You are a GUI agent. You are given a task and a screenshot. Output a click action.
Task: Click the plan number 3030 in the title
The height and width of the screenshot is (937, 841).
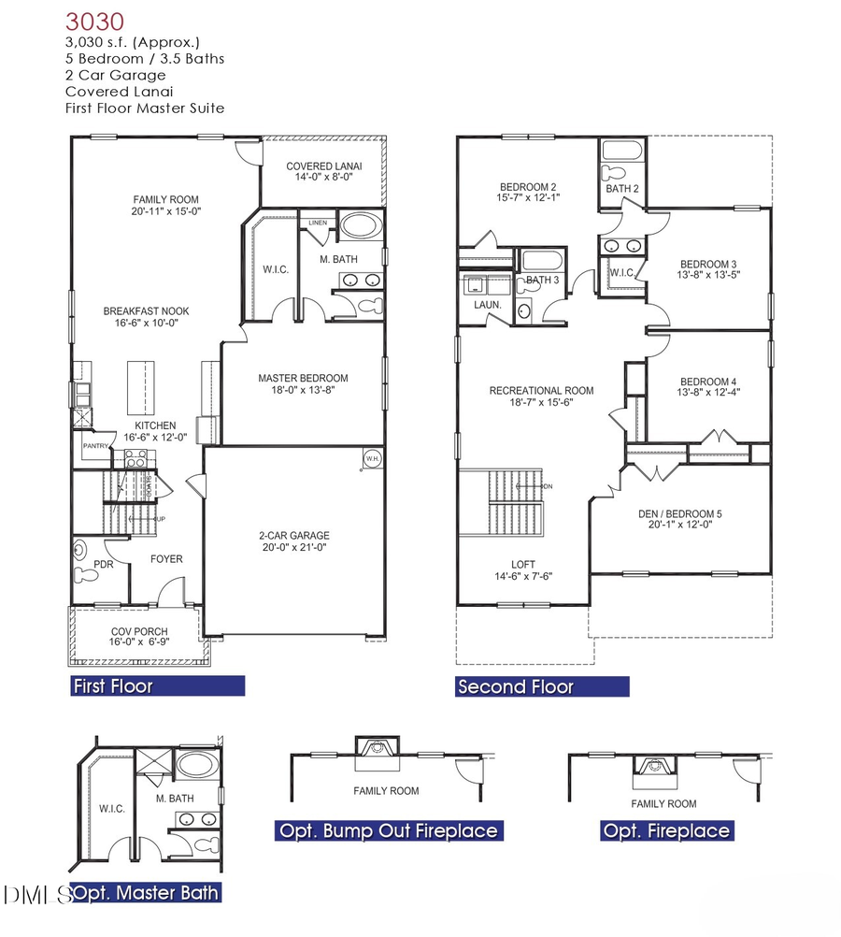coord(94,20)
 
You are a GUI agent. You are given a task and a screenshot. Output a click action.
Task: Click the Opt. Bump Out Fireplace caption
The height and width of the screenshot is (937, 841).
coord(388,830)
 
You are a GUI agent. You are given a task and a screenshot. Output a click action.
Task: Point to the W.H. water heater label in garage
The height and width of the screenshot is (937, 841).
coord(371,458)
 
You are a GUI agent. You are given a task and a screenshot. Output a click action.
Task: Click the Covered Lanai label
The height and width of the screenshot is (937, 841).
coord(323,166)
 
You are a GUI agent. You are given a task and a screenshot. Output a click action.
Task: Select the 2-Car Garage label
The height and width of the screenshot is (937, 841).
coord(294,536)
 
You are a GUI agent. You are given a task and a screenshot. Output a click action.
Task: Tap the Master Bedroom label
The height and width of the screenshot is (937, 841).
coord(303,378)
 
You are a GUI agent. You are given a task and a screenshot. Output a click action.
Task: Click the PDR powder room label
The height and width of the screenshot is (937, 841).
coord(104,565)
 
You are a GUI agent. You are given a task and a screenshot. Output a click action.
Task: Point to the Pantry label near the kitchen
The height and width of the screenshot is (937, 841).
coord(96,446)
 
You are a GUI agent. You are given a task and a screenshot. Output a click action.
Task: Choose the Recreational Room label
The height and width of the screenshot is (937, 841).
coord(541,390)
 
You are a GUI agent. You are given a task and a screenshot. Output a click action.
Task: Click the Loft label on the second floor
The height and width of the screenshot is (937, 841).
coord(522,564)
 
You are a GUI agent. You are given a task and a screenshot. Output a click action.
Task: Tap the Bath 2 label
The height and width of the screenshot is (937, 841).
coord(621,189)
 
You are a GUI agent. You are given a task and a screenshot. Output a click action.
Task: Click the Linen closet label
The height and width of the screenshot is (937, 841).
coord(318,222)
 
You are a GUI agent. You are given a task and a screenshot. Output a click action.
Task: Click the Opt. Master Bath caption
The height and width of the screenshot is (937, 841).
coord(148,892)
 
